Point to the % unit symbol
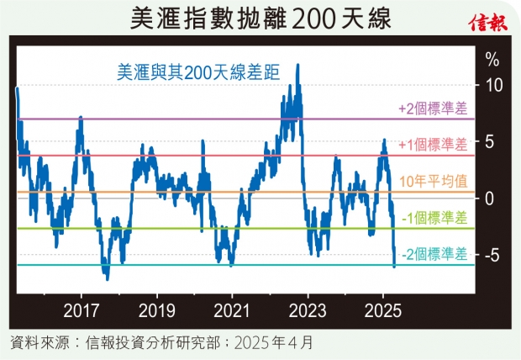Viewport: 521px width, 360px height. [492, 60]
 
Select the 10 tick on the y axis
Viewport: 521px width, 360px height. [495, 86]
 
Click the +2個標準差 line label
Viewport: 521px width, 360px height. [431, 109]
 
